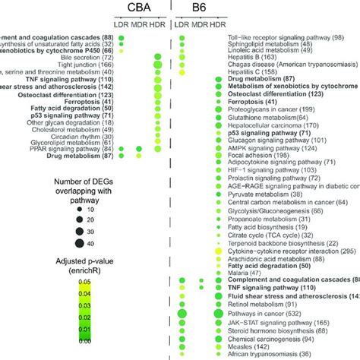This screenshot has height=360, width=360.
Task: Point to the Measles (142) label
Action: point(248,343)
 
